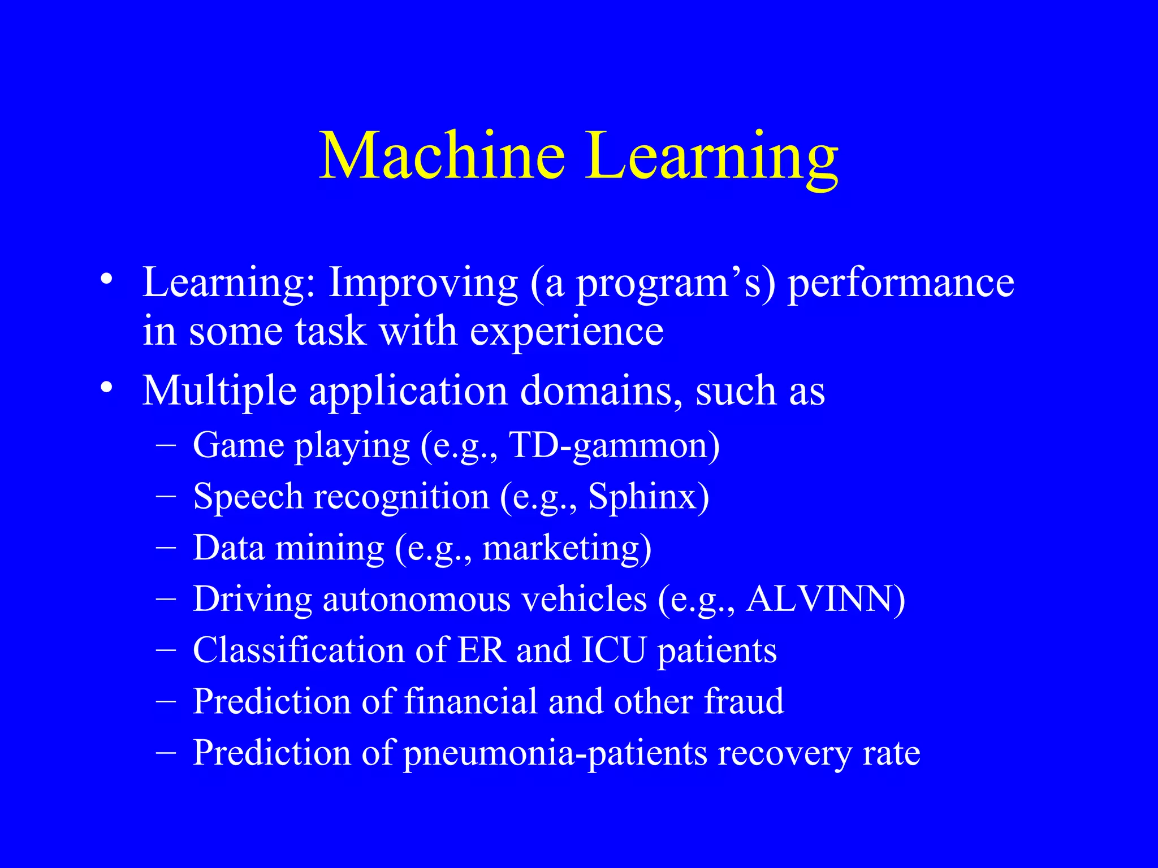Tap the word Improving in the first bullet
click(x=423, y=283)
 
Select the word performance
click(x=900, y=283)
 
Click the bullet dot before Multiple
click(x=106, y=389)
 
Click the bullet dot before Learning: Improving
click(x=106, y=280)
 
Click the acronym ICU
click(x=613, y=650)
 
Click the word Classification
click(x=299, y=650)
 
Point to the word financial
click(x=470, y=702)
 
